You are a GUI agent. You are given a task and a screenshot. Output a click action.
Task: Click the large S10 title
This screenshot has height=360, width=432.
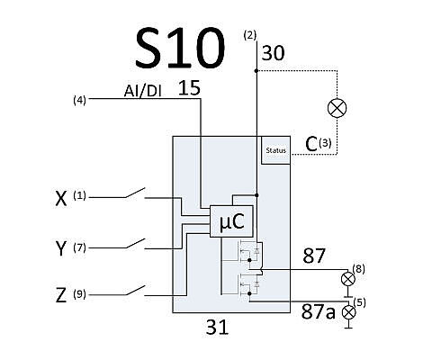coord(180,48)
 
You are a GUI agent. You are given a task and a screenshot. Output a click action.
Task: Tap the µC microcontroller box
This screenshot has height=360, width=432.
coord(231,221)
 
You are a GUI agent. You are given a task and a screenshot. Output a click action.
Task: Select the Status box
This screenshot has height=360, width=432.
coord(276,150)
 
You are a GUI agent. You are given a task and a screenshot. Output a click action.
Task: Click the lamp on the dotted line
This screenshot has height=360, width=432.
coord(337,108)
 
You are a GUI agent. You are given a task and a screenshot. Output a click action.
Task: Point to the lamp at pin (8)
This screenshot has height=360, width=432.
coord(348,279)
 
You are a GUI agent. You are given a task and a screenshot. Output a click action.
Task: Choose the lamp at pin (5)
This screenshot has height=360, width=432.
coord(348,312)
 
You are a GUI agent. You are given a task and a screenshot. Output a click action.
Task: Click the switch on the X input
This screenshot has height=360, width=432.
coord(135,193)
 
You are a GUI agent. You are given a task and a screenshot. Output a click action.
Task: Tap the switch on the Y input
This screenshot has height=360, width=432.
coord(135,244)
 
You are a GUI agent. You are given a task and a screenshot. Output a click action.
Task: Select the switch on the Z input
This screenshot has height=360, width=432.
coord(135,291)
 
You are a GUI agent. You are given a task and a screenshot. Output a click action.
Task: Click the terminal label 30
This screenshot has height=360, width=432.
coord(273,53)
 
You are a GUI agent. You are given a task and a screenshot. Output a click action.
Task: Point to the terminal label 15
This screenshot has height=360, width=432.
coord(189,88)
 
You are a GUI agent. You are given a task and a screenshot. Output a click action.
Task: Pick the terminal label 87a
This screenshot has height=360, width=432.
coord(318,311)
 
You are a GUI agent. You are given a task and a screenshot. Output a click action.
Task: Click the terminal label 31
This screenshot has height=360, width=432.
coord(217,327)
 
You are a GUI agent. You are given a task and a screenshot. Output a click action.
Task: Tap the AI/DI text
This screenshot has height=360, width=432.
coord(143,91)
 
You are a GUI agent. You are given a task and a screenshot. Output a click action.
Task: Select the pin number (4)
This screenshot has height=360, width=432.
coord(79,100)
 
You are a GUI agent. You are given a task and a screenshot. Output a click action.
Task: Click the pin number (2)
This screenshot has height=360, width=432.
coord(250,35)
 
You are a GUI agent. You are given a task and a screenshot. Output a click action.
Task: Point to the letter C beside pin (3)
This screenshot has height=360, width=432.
coord(311,144)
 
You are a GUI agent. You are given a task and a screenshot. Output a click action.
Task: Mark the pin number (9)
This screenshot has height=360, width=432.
coord(79,294)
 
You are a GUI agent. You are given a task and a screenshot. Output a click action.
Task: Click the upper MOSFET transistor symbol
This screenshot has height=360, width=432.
coord(249,251)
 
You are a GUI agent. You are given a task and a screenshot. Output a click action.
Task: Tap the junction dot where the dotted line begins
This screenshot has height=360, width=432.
coord(256,71)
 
